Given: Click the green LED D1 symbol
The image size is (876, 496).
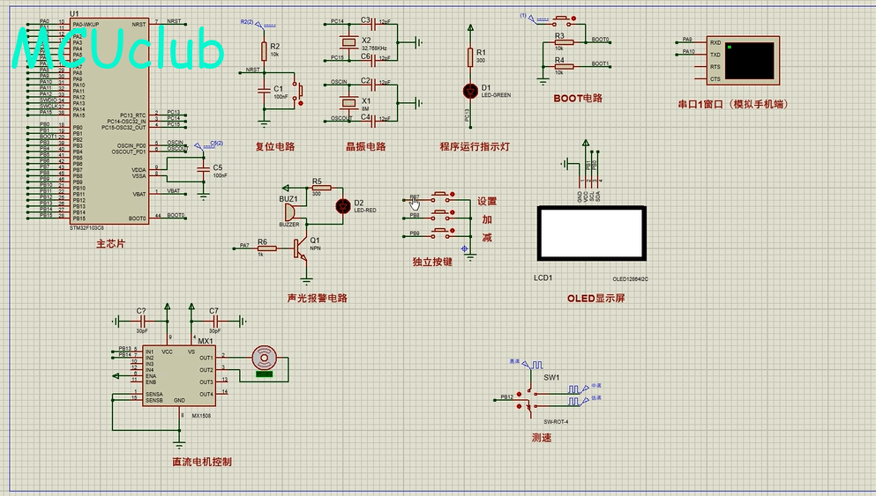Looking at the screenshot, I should click(469, 90).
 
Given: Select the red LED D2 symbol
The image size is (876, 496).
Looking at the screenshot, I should click(343, 205).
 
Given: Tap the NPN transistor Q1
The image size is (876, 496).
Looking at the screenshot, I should click(303, 248).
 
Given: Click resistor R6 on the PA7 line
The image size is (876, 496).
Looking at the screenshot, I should click(262, 248).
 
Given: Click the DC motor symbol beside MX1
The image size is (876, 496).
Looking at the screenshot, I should click(265, 358).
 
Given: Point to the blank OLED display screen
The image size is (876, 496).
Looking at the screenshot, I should click(592, 233).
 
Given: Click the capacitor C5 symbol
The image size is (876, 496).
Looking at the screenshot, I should click(205, 167).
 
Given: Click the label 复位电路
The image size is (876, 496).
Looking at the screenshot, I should click(274, 147).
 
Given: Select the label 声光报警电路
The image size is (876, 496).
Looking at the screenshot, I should click(318, 298).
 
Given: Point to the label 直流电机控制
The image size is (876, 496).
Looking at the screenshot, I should click(202, 461).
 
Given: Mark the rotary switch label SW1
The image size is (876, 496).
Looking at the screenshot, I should click(552, 377).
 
